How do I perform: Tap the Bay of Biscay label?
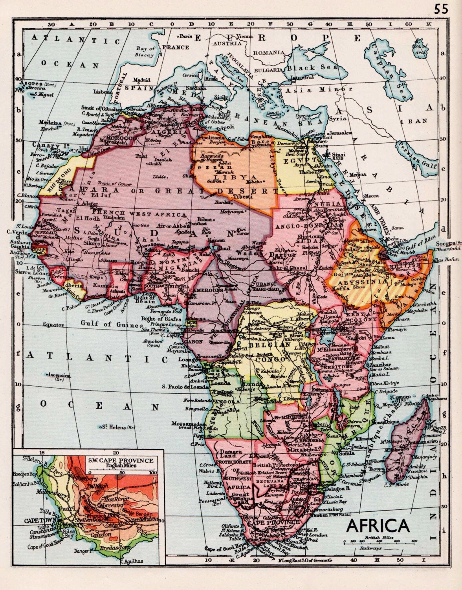point(145,52)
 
